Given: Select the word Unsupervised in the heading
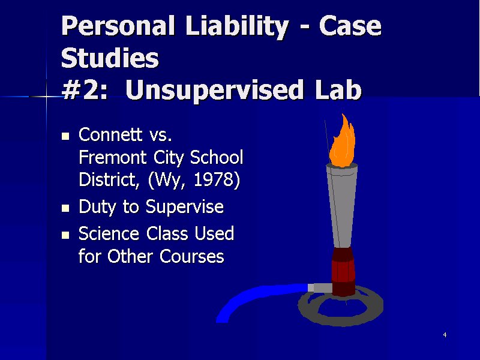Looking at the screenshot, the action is (214, 91).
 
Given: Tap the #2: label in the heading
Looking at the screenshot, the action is (85, 90).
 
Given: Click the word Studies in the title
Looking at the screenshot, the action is (110, 58).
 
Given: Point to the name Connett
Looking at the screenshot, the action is (110, 134).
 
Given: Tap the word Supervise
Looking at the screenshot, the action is (185, 207).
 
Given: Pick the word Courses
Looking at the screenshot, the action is (192, 257).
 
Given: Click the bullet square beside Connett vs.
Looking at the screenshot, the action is (65, 136).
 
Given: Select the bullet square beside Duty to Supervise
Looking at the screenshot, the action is (65, 208).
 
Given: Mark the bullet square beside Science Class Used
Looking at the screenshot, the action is (65, 235).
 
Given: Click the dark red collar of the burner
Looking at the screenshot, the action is (343, 271).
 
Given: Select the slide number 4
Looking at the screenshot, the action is (445, 335).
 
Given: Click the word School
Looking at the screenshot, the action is (217, 157).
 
